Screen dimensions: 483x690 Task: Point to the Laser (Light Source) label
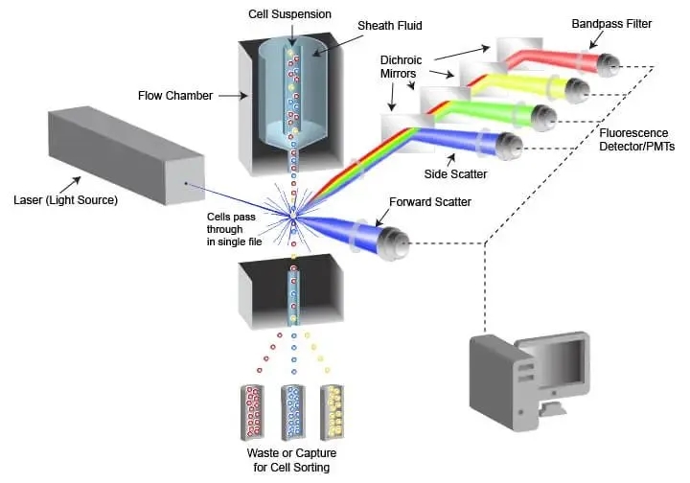[x=66, y=200]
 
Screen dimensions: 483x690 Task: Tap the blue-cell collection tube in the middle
[x=296, y=409]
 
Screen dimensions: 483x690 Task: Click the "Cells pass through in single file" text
[x=234, y=230]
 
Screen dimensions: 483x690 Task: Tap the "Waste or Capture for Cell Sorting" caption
[x=297, y=459]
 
